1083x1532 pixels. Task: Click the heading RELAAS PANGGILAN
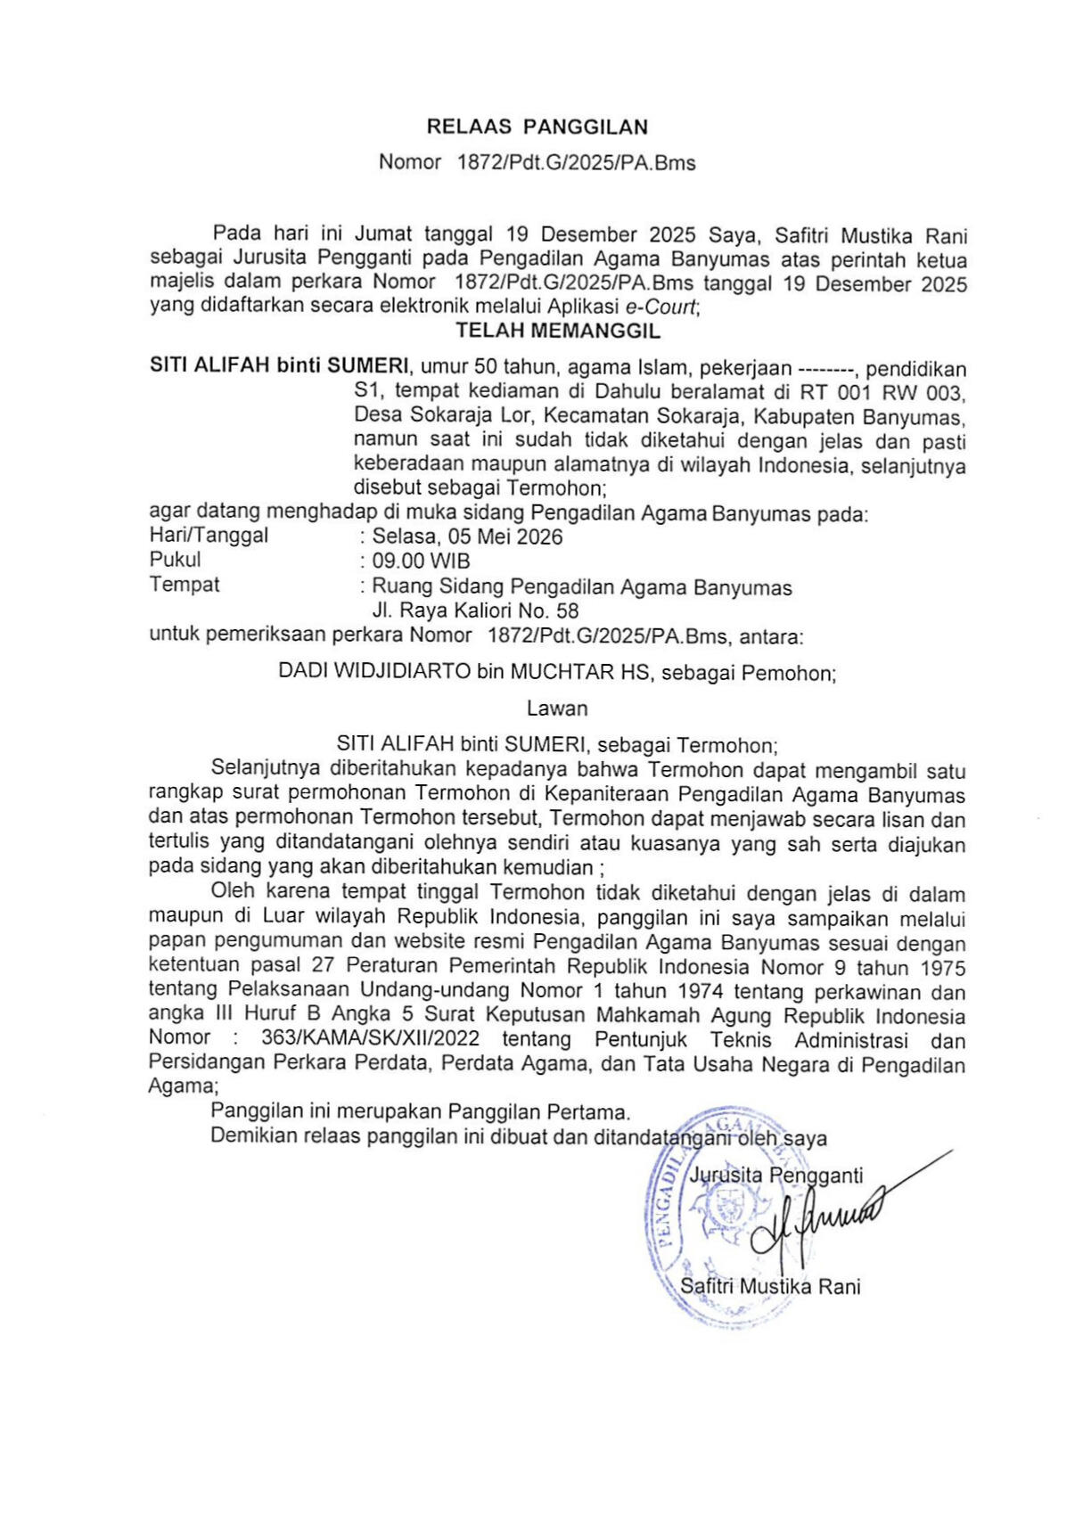(x=537, y=127)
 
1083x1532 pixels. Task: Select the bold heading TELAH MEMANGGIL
(x=558, y=331)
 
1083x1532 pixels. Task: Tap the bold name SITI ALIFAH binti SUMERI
(x=279, y=365)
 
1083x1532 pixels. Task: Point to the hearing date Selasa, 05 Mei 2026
(x=467, y=537)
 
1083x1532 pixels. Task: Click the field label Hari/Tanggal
(x=209, y=536)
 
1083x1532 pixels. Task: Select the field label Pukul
(x=175, y=560)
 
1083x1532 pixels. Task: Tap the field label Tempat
(x=184, y=585)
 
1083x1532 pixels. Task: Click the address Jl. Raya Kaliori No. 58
(x=475, y=611)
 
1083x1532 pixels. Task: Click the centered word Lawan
(x=557, y=709)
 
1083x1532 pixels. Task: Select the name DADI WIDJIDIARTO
(x=374, y=672)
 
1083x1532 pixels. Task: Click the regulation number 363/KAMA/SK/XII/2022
(x=370, y=1038)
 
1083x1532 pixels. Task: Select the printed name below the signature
(x=770, y=1286)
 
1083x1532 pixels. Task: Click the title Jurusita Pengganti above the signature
(x=775, y=1176)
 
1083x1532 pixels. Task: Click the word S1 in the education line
(x=367, y=390)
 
